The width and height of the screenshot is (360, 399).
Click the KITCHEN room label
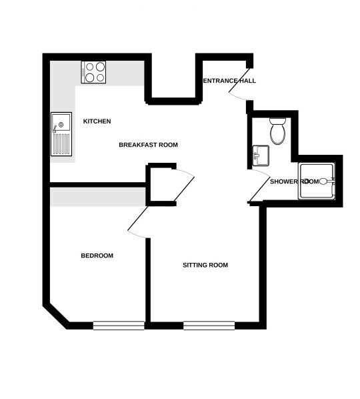click(97, 121)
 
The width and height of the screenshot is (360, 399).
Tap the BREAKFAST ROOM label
click(148, 145)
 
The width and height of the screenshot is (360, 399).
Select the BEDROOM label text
click(97, 256)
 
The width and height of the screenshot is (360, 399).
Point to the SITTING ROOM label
click(205, 265)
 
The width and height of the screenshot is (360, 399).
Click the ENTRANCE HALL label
click(229, 81)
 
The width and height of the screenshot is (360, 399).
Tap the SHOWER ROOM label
click(294, 181)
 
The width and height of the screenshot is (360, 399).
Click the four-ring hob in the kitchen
click(93, 72)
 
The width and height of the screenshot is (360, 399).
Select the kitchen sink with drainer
click(61, 134)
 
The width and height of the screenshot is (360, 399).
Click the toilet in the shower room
click(277, 131)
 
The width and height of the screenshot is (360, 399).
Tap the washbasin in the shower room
click(261, 155)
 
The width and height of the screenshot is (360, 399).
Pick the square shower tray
click(317, 181)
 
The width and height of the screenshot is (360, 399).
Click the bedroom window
click(119, 326)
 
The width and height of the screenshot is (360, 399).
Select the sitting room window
click(209, 326)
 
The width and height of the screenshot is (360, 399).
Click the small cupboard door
click(184, 189)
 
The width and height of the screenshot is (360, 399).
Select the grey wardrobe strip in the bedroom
click(98, 197)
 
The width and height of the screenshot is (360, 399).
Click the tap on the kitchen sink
click(55, 129)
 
